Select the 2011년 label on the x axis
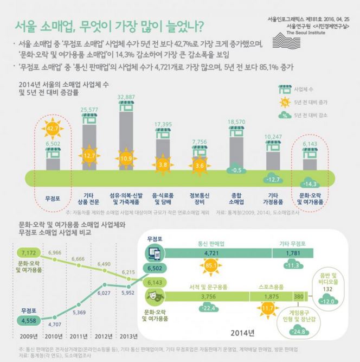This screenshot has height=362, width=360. [79, 335]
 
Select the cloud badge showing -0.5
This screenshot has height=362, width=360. [235, 170]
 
